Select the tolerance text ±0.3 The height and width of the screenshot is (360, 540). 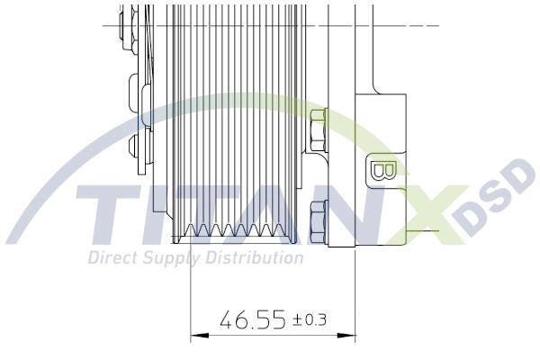tap(310, 319)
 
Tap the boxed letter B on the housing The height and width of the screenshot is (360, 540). tap(379, 171)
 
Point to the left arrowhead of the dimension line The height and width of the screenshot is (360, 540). tap(197, 337)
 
